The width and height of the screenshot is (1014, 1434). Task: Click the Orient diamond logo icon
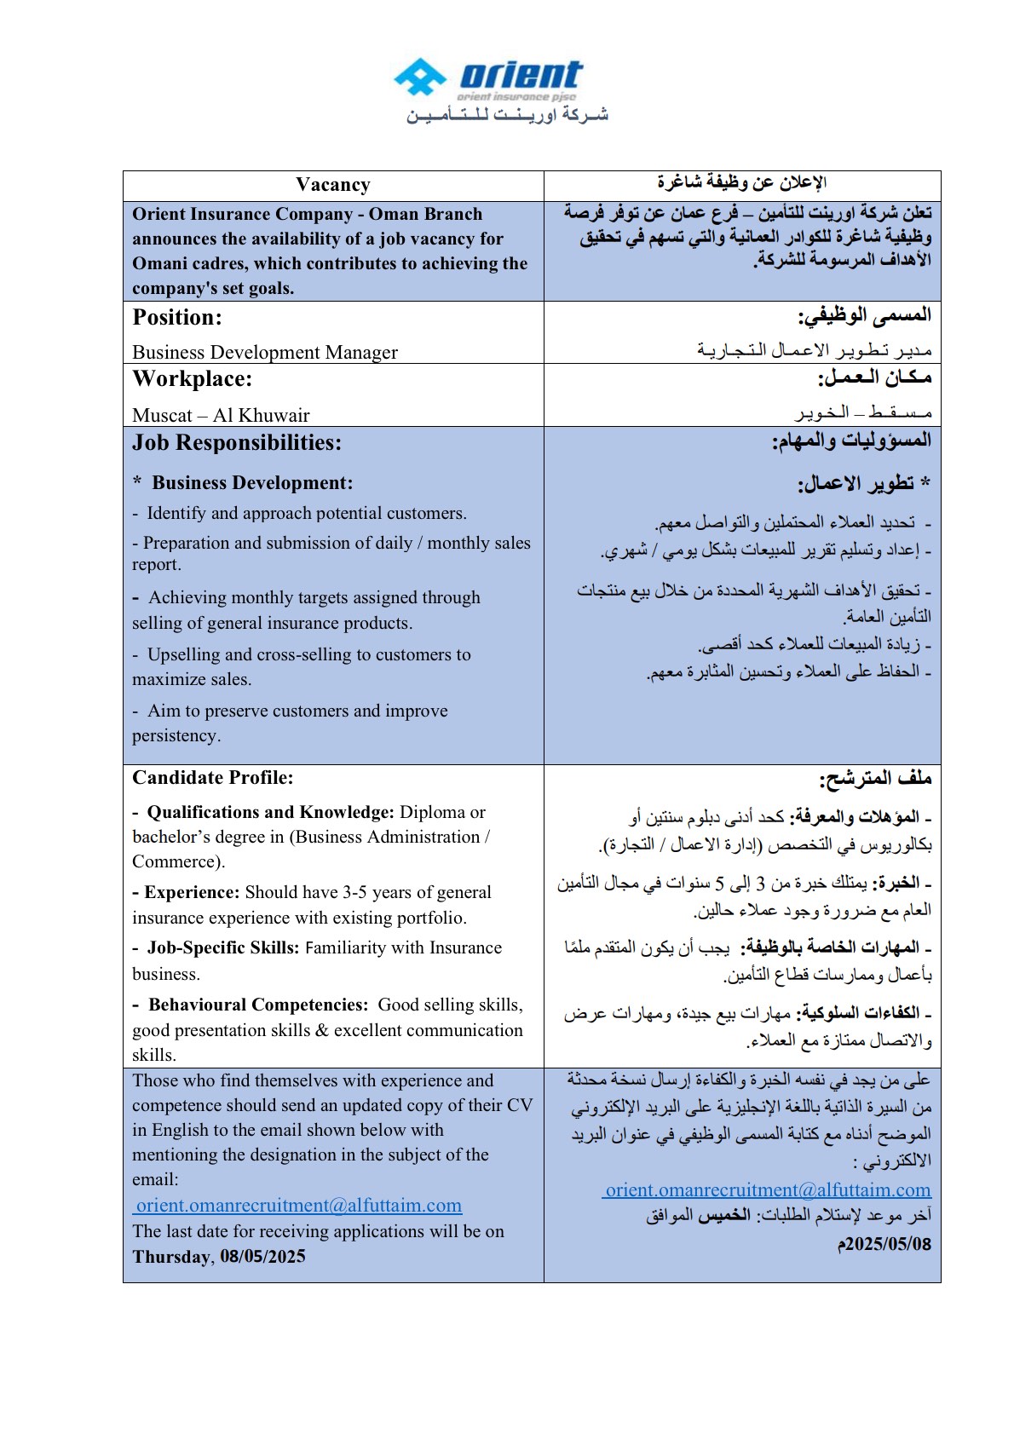coord(420,78)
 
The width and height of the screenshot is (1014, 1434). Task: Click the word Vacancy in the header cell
coord(333,185)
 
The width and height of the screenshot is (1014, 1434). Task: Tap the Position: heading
coord(177,318)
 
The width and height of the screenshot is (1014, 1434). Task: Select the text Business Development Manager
coord(265,352)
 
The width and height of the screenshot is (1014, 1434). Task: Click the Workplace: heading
coord(193,379)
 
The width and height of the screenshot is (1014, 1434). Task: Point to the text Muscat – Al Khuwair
coord(221,415)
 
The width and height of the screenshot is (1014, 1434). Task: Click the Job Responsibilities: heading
coord(237,443)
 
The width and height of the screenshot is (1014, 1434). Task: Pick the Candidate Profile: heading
coord(213,777)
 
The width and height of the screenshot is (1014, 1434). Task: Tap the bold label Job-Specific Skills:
coord(223,947)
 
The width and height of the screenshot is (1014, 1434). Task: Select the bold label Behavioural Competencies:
coord(258,1005)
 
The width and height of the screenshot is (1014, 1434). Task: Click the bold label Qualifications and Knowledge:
coord(270,812)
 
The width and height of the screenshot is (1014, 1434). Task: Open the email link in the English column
coord(299,1206)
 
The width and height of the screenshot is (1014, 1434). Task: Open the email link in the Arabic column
coord(768,1190)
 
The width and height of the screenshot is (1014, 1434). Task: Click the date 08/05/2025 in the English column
coord(262,1257)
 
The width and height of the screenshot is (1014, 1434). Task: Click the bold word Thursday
coord(171,1257)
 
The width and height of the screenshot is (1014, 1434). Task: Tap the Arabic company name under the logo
coord(507,115)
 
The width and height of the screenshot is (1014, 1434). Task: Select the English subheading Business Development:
coord(252,483)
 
